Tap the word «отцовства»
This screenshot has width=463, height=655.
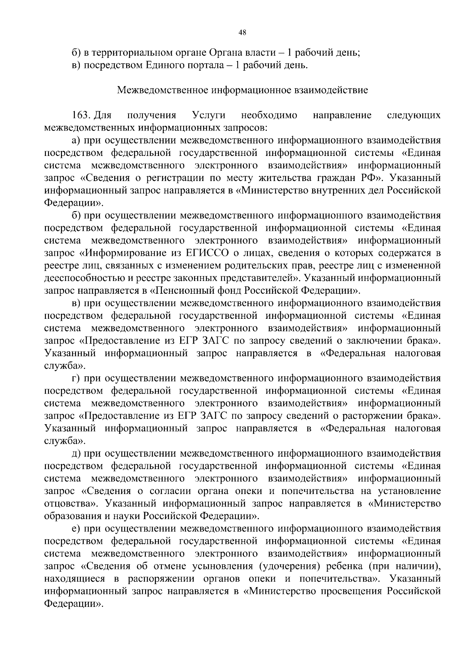click(x=70, y=504)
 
